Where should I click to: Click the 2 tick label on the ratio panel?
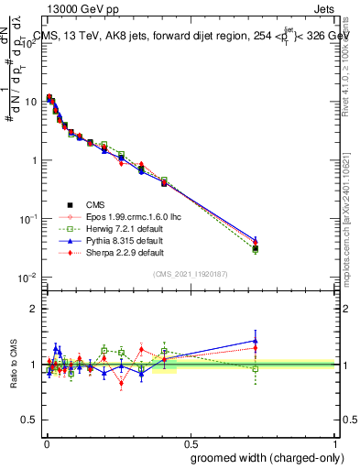click(35, 309)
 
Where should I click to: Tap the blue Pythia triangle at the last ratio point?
click(256, 341)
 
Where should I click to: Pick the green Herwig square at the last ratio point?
click(256, 369)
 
